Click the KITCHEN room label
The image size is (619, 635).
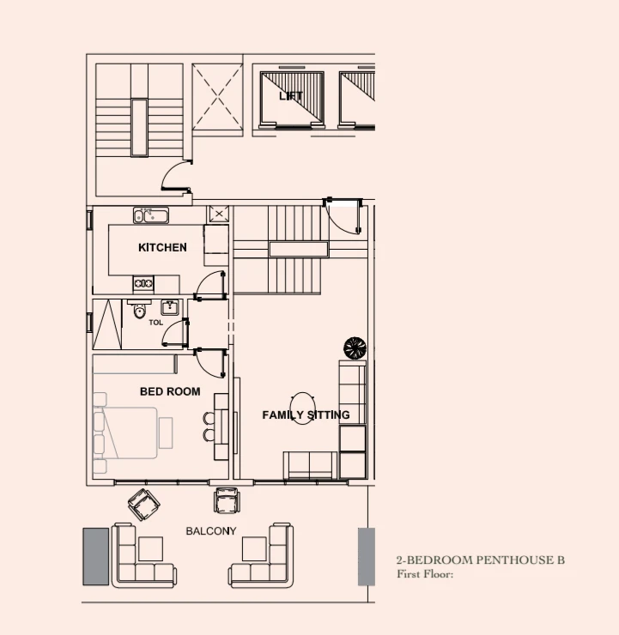click(162, 247)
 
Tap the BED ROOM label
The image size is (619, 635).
click(170, 391)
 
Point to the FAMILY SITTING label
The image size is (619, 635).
click(306, 415)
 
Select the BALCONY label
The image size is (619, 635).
click(211, 531)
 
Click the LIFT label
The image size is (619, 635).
click(291, 96)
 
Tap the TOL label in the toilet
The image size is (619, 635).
click(156, 323)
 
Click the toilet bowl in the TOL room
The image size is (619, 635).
click(140, 311)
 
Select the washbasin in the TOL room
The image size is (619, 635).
click(170, 308)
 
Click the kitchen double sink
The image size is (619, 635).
click(151, 215)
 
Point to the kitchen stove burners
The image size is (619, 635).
click(143, 283)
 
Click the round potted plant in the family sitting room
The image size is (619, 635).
click(355, 348)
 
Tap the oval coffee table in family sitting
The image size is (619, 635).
click(302, 408)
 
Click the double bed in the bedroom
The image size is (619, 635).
click(125, 432)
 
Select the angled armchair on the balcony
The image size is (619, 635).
click(144, 505)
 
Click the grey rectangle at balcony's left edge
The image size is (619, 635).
click(95, 556)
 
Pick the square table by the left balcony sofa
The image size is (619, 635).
click(151, 548)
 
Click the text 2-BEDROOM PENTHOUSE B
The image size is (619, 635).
click(481, 560)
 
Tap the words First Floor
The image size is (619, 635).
click(425, 574)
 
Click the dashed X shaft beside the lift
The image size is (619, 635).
click(217, 97)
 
